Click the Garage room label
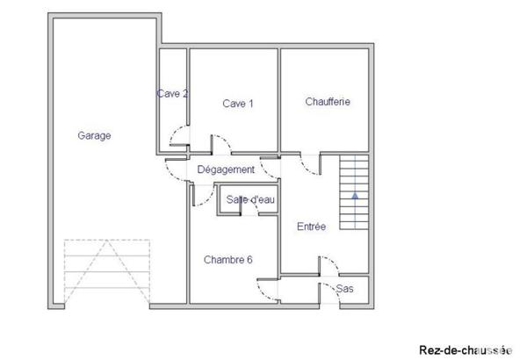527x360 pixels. [x=94, y=136]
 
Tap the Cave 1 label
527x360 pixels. [x=238, y=104]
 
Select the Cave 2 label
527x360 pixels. [x=172, y=94]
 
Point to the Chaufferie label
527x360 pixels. [x=328, y=102]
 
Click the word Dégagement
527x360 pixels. [x=226, y=169]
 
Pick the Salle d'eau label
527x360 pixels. [x=250, y=200]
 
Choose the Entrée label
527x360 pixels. [x=311, y=227]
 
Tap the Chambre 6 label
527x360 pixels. [x=228, y=260]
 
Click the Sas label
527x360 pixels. [x=345, y=288]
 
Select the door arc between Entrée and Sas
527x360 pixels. [x=324, y=264]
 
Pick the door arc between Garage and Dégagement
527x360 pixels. [x=176, y=170]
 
